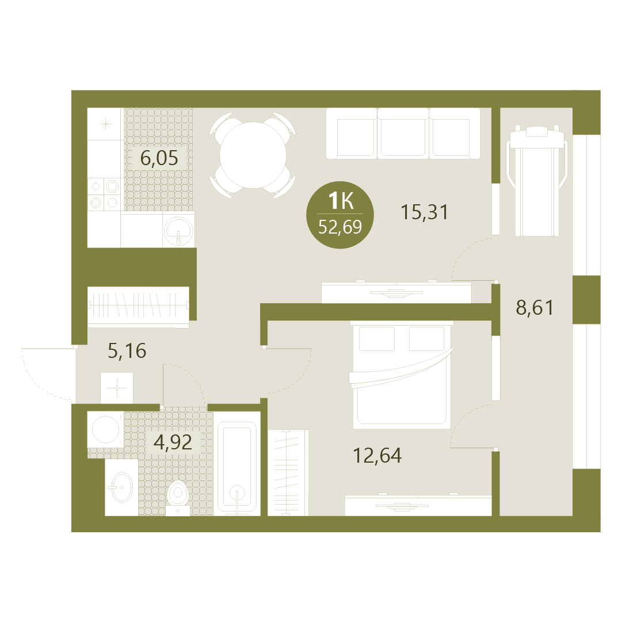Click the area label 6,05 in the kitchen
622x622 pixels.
tap(159, 158)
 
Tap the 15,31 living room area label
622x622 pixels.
tap(425, 212)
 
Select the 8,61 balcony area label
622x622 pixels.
tap(535, 307)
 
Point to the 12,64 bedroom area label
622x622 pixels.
tap(377, 455)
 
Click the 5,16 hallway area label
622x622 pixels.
tap(127, 350)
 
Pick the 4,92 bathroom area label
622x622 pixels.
tap(173, 442)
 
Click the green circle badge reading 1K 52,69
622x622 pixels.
tap(340, 215)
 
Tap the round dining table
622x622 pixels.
tap(253, 155)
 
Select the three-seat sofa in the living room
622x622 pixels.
tap(403, 133)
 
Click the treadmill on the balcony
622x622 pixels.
tap(536, 181)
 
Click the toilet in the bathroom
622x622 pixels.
tap(177, 498)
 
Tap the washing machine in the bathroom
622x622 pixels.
tap(105, 430)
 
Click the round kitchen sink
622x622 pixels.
tap(179, 231)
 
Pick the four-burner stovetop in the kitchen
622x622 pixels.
tap(105, 194)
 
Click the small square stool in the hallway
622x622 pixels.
tap(117, 388)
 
